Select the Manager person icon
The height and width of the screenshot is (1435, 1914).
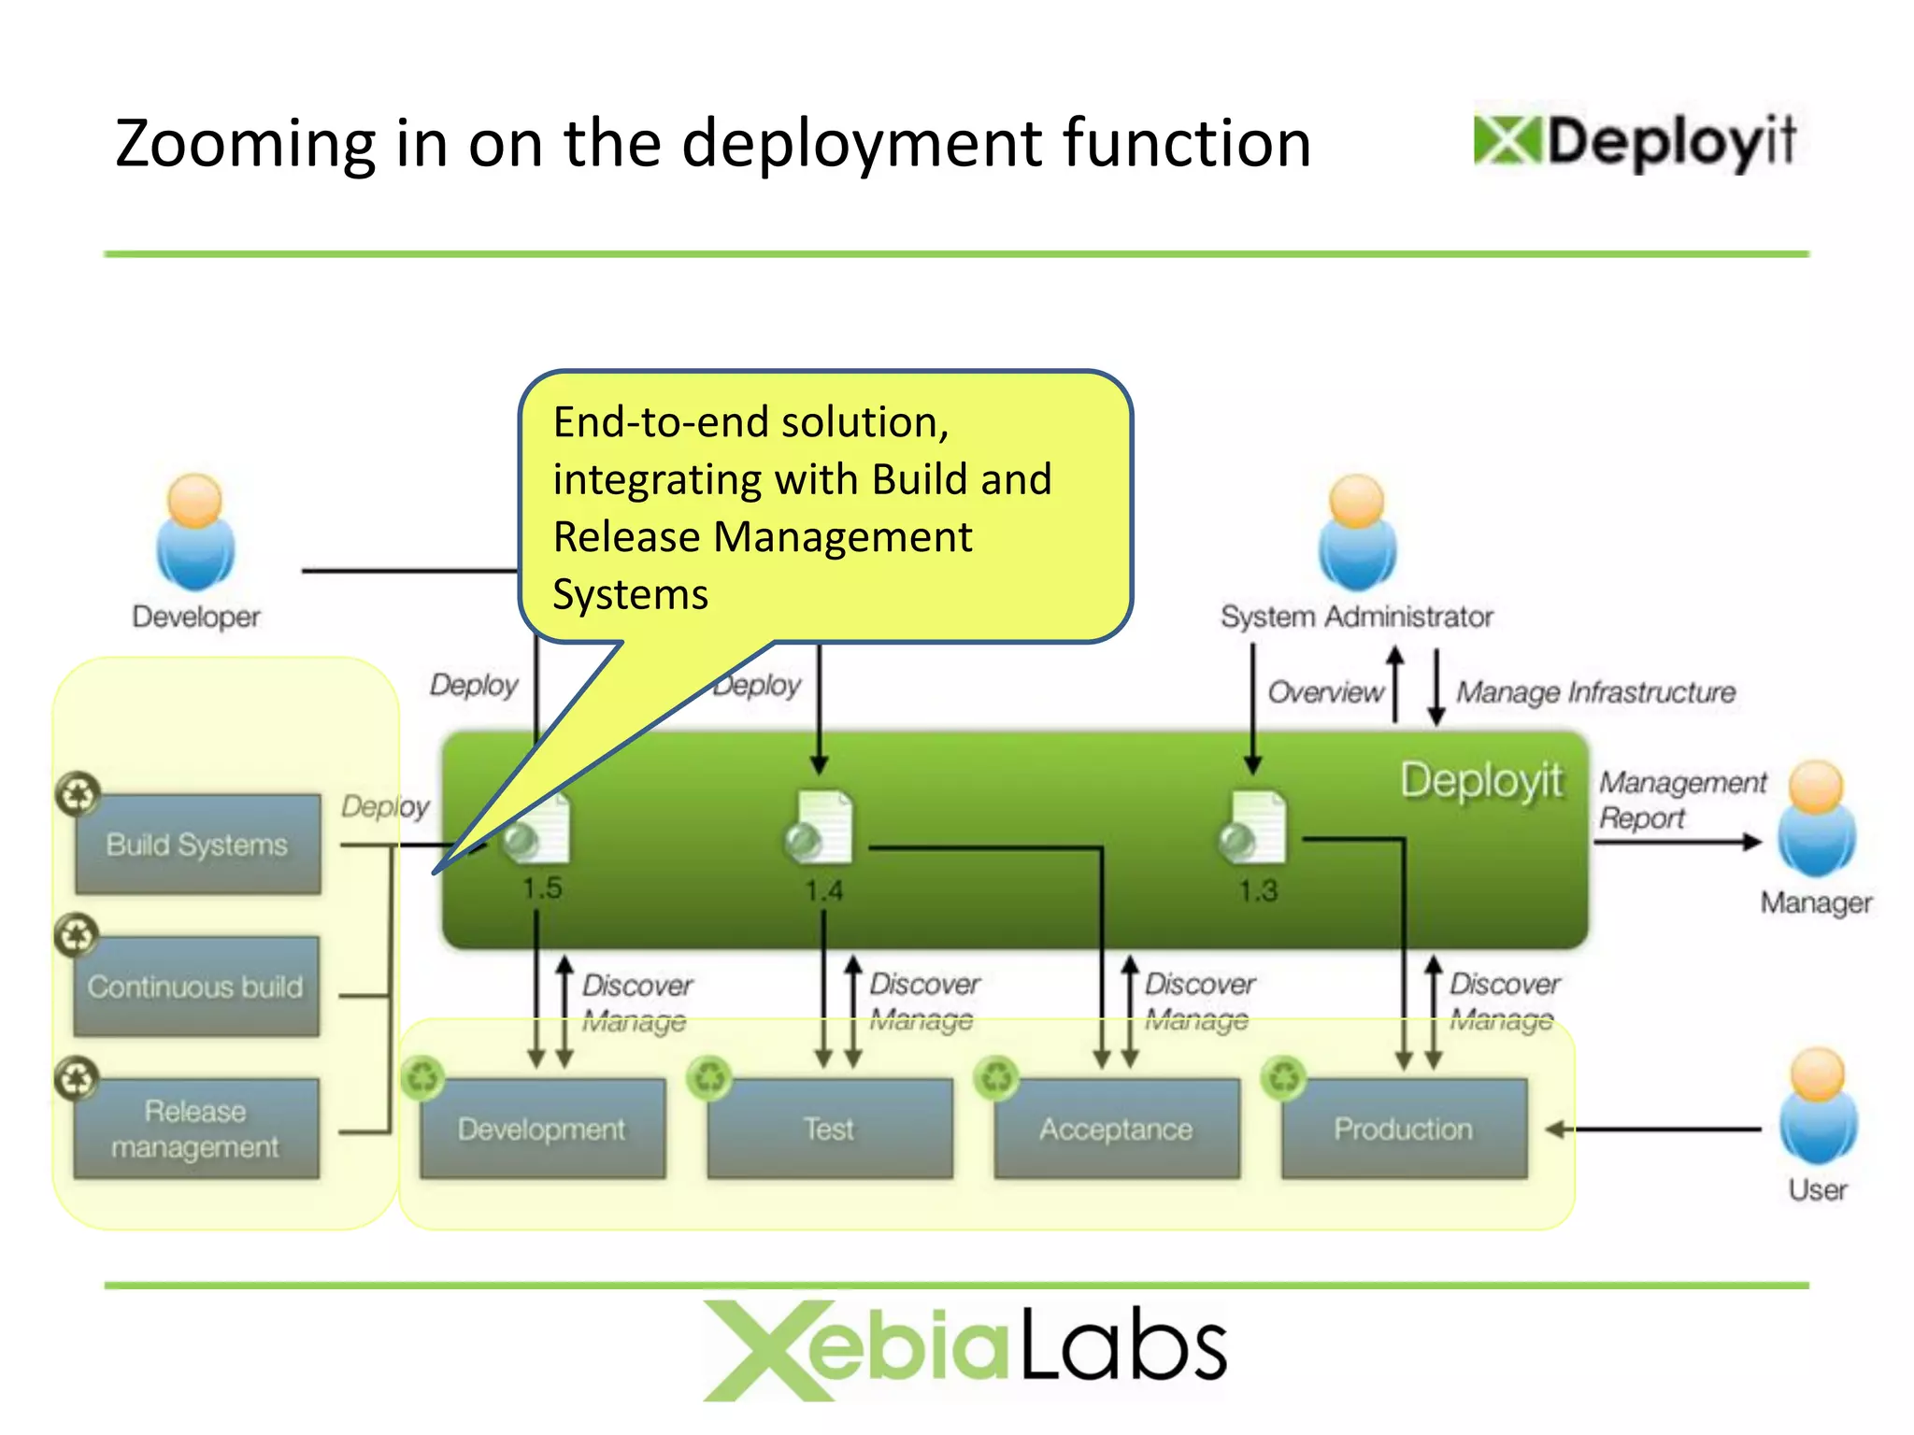pyautogui.click(x=1816, y=819)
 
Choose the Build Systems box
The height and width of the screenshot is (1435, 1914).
pyautogui.click(x=197, y=845)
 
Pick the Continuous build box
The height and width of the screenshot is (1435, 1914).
pyautogui.click(x=196, y=987)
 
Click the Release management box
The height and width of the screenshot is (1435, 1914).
pyautogui.click(x=196, y=1129)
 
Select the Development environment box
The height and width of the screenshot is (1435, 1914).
pyautogui.click(x=542, y=1129)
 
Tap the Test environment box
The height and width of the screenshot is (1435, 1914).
pyautogui.click(x=829, y=1129)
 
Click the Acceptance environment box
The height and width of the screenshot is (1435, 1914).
pyautogui.click(x=1116, y=1129)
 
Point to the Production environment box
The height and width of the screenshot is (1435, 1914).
pyautogui.click(x=1403, y=1129)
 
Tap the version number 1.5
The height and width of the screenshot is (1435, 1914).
pyautogui.click(x=542, y=888)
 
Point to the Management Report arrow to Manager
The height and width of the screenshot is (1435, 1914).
pyautogui.click(x=1677, y=842)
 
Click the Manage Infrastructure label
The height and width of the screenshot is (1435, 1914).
pyautogui.click(x=1595, y=692)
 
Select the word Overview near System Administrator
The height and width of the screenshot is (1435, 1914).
pyautogui.click(x=1324, y=692)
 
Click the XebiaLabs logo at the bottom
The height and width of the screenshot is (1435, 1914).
pyautogui.click(x=964, y=1350)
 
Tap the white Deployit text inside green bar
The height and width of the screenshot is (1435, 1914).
pyautogui.click(x=1480, y=781)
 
